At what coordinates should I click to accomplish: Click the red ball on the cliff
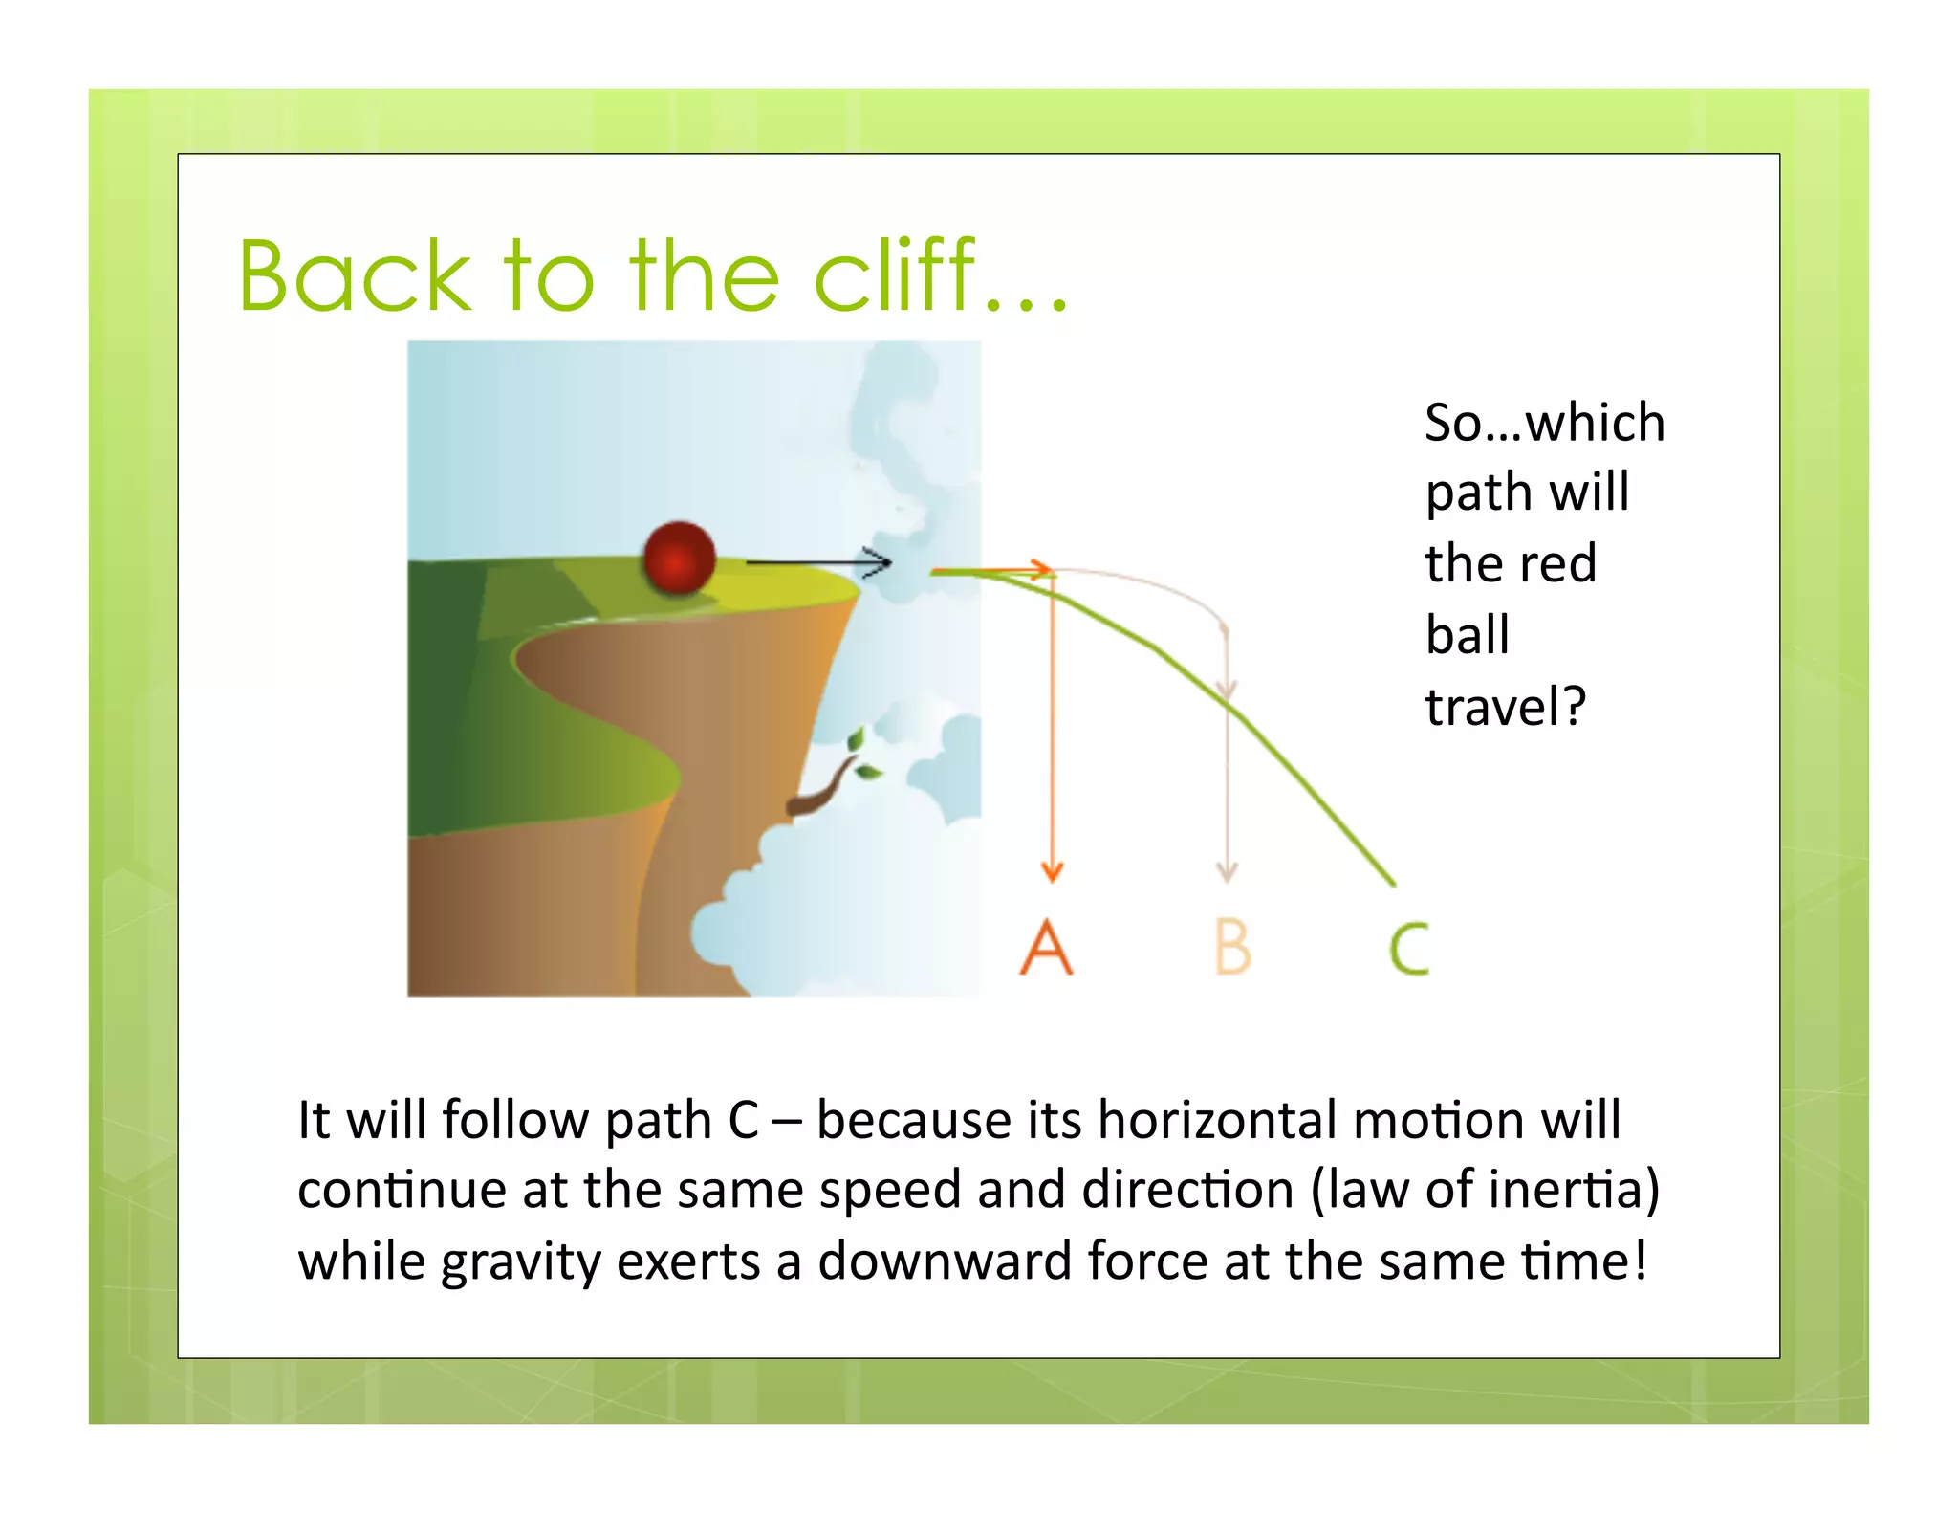pos(679,558)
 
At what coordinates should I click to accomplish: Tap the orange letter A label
pos(1047,947)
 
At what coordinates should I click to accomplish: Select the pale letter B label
pos(1232,947)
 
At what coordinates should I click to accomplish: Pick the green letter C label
pos(1409,949)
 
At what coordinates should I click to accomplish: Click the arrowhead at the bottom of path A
pos(1052,870)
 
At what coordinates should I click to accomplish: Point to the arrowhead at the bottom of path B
pos(1228,870)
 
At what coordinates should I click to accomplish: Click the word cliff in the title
pos(894,276)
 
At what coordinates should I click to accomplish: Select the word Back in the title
pos(354,276)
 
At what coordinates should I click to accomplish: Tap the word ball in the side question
pos(1468,634)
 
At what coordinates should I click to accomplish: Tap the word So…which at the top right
pos(1544,422)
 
